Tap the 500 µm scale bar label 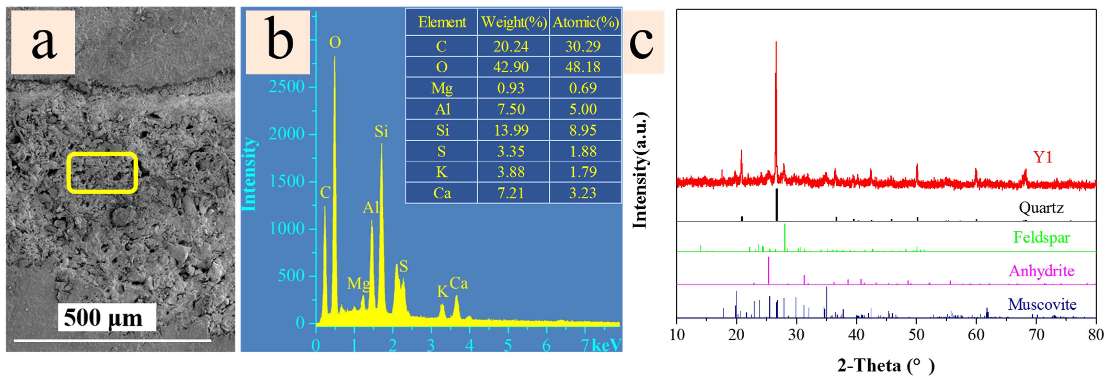pyautogui.click(x=103, y=318)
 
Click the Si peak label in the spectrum pyautogui.click(x=381, y=132)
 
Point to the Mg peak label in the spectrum pyautogui.click(x=358, y=283)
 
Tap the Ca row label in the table pyautogui.click(x=442, y=193)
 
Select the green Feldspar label pyautogui.click(x=1041, y=237)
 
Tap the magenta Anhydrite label pyautogui.click(x=1041, y=271)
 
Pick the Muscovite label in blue pyautogui.click(x=1042, y=305)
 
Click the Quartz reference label pyautogui.click(x=1041, y=208)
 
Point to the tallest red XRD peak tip pyautogui.click(x=776, y=42)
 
